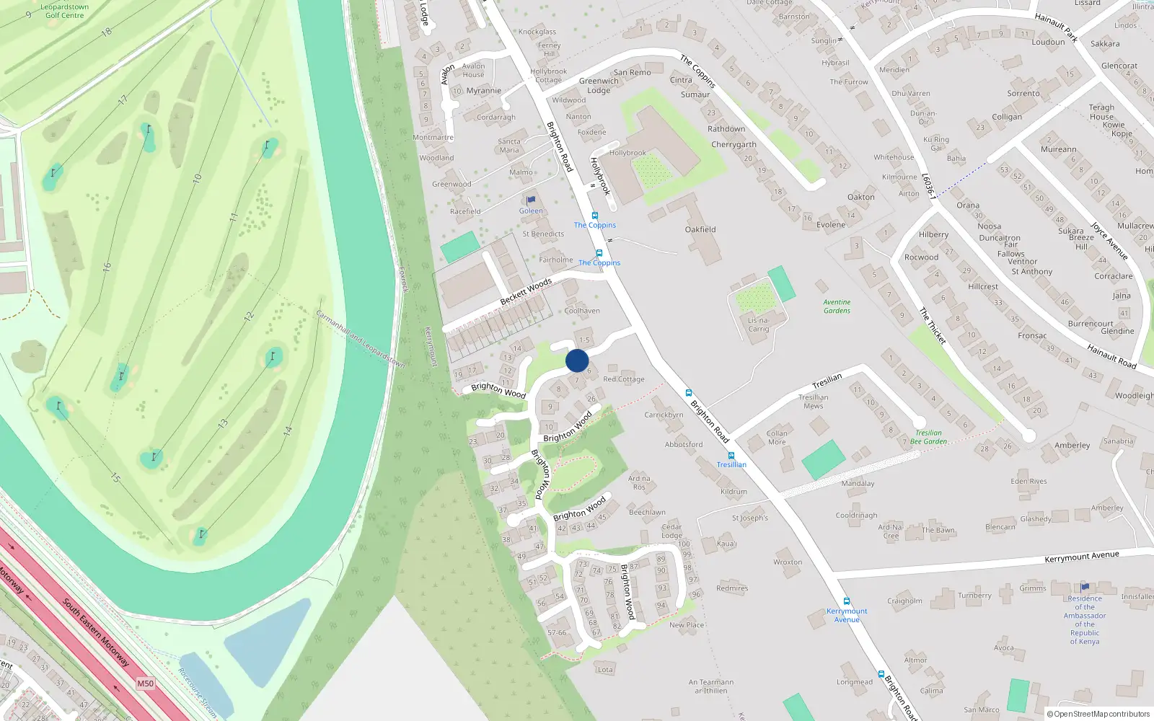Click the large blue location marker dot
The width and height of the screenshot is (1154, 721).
[577, 360]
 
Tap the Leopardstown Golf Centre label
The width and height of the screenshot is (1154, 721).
[64, 11]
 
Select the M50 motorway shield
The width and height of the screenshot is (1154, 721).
[145, 684]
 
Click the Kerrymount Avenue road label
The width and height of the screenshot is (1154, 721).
[1081, 557]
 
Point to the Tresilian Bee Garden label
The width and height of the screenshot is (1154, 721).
[928, 437]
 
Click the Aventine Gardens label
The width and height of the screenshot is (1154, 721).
[837, 306]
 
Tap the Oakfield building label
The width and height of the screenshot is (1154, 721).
[700, 229]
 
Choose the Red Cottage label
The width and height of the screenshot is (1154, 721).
[624, 379]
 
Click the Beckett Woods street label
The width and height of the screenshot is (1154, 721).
[526, 290]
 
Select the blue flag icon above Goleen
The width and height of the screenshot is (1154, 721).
[532, 200]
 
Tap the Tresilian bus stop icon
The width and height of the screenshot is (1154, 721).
[731, 456]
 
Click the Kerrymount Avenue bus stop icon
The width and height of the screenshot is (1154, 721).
[847, 601]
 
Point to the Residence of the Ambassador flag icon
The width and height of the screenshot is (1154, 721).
[1085, 587]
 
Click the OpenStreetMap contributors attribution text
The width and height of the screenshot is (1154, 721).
[1098, 714]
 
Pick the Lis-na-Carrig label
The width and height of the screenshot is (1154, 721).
[758, 324]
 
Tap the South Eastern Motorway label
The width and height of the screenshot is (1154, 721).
[96, 632]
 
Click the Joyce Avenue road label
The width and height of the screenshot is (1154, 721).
[1109, 241]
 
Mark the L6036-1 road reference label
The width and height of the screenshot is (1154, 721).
[928, 186]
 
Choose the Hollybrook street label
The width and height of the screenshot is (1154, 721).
[600, 176]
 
